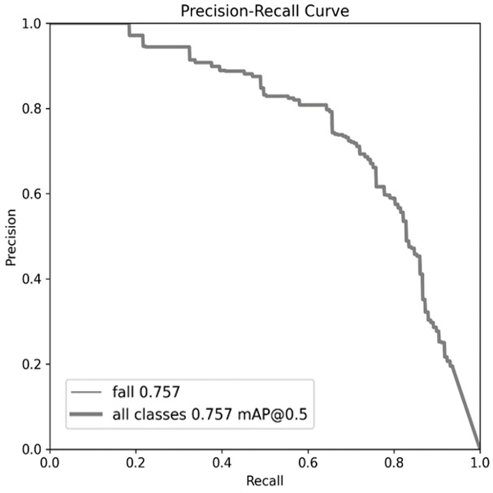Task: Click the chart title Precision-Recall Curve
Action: (x=264, y=10)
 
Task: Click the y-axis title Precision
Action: (x=11, y=236)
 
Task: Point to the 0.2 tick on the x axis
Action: (x=136, y=463)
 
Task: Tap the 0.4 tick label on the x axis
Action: (x=222, y=463)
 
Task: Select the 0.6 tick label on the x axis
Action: (x=308, y=463)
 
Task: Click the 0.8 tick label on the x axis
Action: (x=394, y=463)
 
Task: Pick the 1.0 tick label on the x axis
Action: (x=479, y=463)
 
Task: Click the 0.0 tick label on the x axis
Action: (x=50, y=463)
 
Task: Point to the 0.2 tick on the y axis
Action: (x=33, y=364)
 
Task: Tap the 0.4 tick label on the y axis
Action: (x=33, y=279)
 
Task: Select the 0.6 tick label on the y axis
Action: (x=33, y=194)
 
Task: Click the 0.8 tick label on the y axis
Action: (x=33, y=109)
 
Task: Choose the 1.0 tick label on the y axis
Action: (x=33, y=24)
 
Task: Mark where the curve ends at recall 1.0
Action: (x=479, y=448)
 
